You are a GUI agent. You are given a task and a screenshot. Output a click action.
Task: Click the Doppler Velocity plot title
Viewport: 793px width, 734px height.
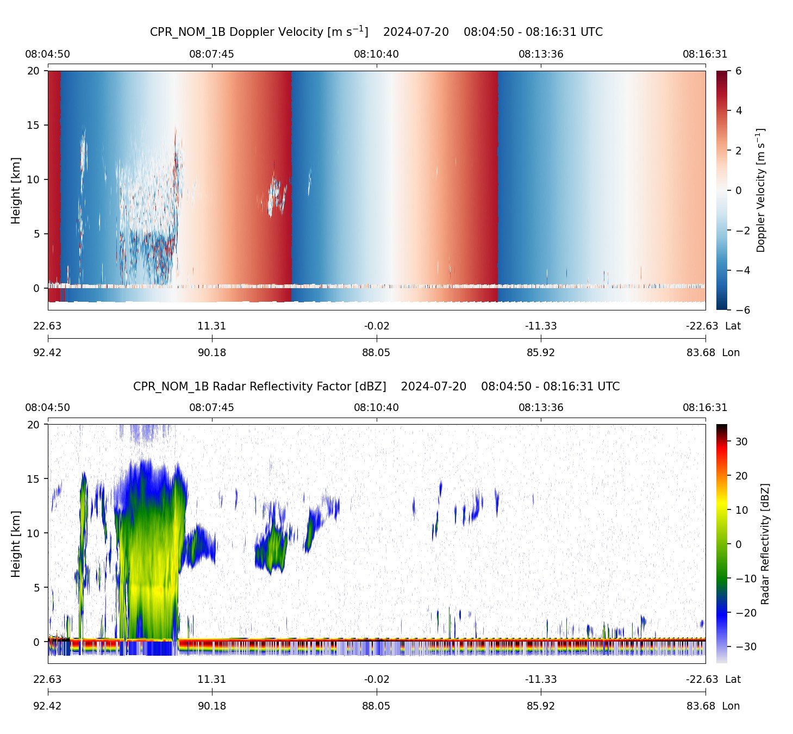click(376, 32)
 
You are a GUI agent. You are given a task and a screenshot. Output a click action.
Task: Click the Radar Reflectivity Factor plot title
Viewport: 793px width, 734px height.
click(376, 387)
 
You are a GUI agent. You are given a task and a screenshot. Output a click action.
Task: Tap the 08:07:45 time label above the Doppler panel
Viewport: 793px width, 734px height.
click(211, 54)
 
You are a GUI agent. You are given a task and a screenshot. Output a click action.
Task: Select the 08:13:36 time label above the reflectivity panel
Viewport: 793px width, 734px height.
click(541, 408)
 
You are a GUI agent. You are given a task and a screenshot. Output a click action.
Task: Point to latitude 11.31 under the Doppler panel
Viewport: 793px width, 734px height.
click(211, 326)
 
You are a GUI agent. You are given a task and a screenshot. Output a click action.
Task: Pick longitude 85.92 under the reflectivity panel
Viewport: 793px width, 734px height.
click(541, 706)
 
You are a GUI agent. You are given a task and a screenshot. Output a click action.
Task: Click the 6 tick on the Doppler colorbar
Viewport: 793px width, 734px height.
click(739, 71)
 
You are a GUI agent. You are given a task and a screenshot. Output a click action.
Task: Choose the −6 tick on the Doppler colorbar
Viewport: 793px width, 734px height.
click(742, 310)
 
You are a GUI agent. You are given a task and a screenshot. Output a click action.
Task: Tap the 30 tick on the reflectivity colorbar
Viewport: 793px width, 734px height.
click(741, 441)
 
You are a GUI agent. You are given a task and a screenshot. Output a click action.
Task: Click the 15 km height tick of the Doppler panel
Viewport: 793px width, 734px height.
click(34, 125)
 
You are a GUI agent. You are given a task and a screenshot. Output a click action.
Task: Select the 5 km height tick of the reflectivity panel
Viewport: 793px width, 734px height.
click(37, 587)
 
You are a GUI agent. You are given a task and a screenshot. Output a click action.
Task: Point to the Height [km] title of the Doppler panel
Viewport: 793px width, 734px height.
click(16, 190)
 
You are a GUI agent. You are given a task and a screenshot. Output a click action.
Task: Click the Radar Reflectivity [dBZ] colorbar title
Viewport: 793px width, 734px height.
click(765, 544)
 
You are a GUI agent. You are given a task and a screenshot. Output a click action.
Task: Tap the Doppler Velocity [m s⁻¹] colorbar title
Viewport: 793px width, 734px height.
click(761, 190)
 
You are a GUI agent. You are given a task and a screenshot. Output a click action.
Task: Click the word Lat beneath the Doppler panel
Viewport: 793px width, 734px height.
click(733, 326)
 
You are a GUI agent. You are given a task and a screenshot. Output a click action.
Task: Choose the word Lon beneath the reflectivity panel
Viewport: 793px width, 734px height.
click(731, 706)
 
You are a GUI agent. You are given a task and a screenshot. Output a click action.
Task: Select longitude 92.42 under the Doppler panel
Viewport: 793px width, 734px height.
click(47, 352)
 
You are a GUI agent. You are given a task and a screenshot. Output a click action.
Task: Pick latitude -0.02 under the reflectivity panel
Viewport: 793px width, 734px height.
click(376, 680)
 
